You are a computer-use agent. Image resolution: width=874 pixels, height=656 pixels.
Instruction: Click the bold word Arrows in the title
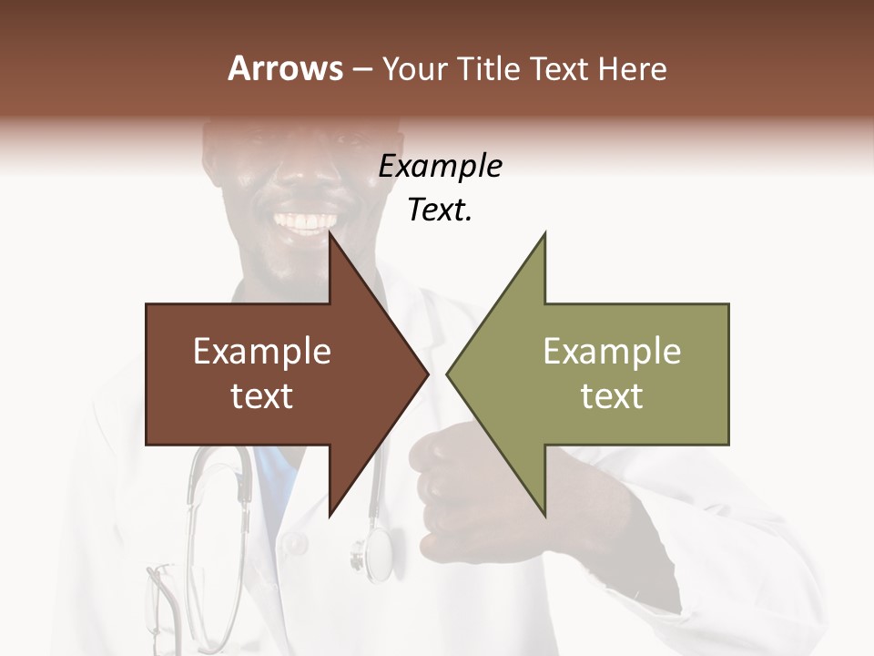coord(285,68)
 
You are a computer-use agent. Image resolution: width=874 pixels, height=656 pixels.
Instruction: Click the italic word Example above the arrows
coord(440,167)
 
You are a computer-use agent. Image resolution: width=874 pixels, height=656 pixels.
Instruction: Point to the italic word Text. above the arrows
coord(440,210)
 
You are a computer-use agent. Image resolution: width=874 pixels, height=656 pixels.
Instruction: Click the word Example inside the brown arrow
coord(262,352)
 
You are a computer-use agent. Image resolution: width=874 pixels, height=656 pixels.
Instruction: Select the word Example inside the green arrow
coord(612,352)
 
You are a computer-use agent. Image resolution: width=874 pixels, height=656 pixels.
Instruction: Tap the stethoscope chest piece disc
coord(375,551)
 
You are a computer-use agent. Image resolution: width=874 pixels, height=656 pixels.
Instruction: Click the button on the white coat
coord(295,544)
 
